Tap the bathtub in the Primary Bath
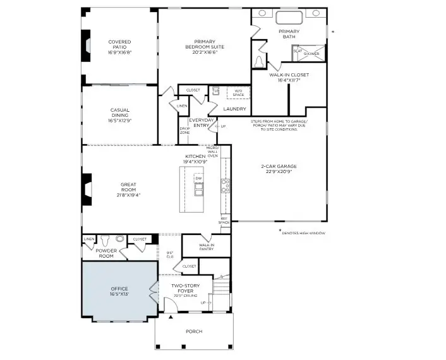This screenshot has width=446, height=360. point(289,17)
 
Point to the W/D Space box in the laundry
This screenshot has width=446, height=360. point(238,93)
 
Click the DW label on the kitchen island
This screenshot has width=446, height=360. point(198,179)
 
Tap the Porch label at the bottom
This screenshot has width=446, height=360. point(194,332)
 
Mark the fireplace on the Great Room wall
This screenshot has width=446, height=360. point(85,188)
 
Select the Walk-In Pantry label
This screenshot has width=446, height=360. point(207,247)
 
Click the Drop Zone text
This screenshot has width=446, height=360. point(184,131)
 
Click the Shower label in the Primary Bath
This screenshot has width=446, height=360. point(311,54)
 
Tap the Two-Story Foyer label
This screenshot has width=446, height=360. point(186,289)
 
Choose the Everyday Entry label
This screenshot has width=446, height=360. point(201,123)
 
